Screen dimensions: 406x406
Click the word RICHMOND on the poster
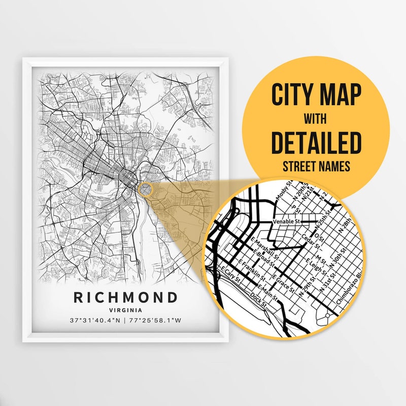pyautogui.click(x=126, y=297)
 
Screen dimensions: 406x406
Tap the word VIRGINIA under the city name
pyautogui.click(x=126, y=310)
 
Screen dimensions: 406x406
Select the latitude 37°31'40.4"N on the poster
pyautogui.click(x=94, y=321)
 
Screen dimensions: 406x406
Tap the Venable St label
pyautogui.click(x=286, y=221)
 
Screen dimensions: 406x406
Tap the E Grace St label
pyautogui.click(x=282, y=282)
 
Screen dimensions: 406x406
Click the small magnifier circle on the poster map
pyautogui.click(x=145, y=189)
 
